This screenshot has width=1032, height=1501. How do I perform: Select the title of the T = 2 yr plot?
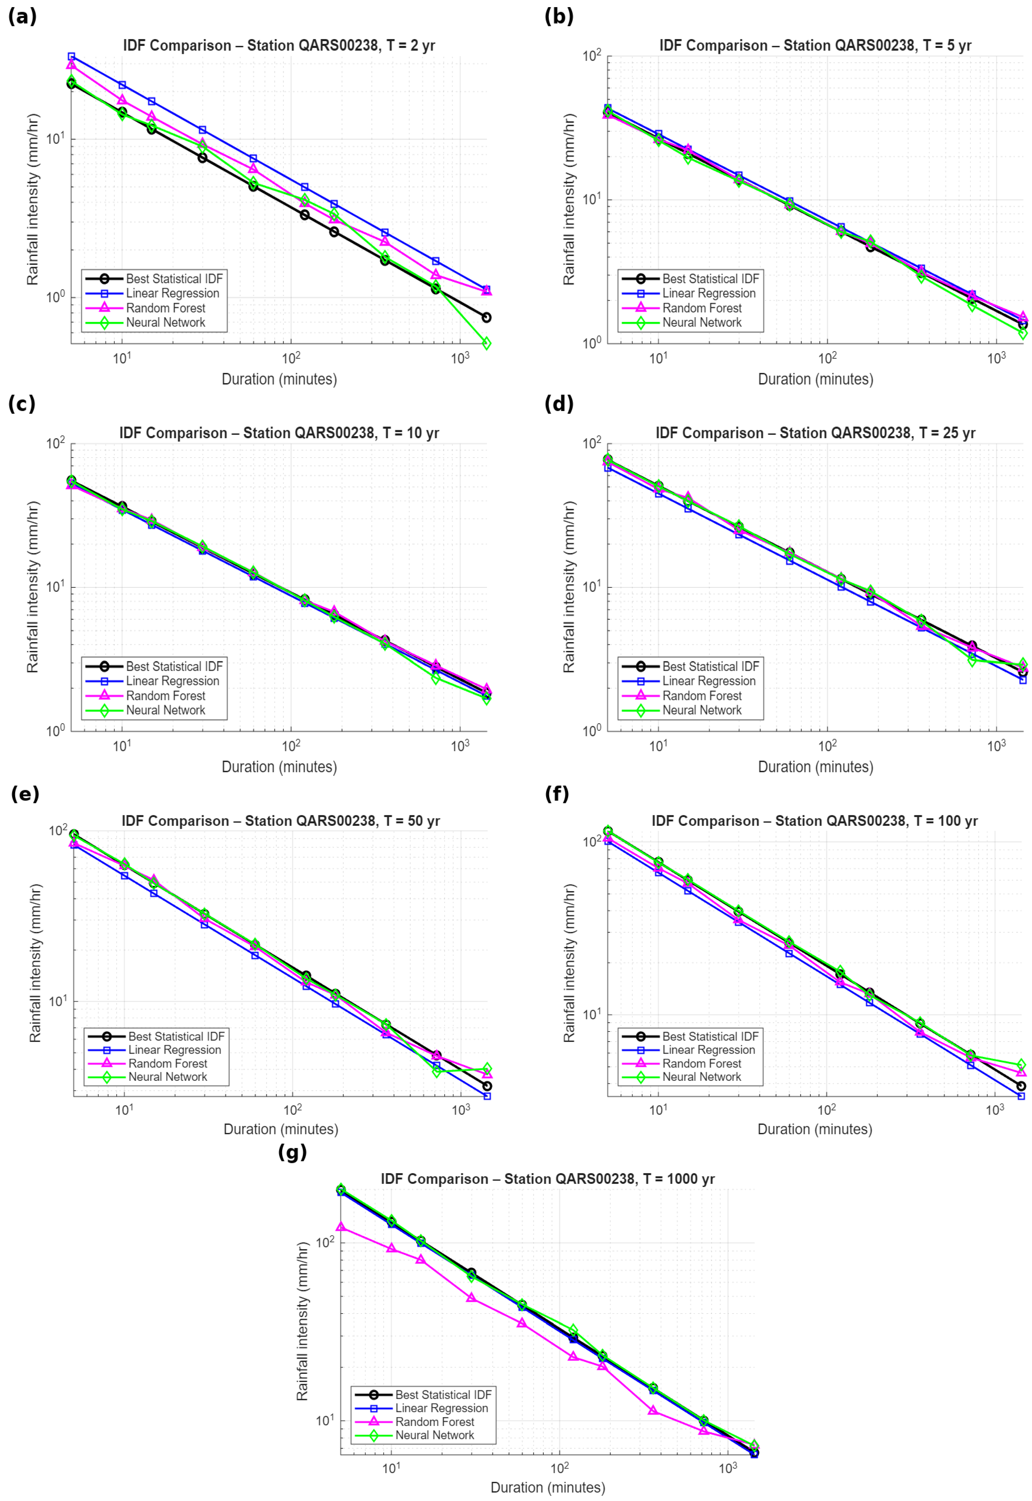279,45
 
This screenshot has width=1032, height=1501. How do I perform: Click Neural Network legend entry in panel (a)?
165,323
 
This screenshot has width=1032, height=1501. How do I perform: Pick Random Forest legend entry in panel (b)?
702,308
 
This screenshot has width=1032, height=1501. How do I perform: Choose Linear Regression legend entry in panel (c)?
172,681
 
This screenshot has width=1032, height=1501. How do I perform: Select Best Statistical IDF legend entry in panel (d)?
710,666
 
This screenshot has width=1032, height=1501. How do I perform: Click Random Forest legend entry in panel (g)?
435,1421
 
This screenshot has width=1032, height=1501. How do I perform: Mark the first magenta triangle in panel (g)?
341,1226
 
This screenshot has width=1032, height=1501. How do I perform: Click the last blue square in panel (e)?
487,1096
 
